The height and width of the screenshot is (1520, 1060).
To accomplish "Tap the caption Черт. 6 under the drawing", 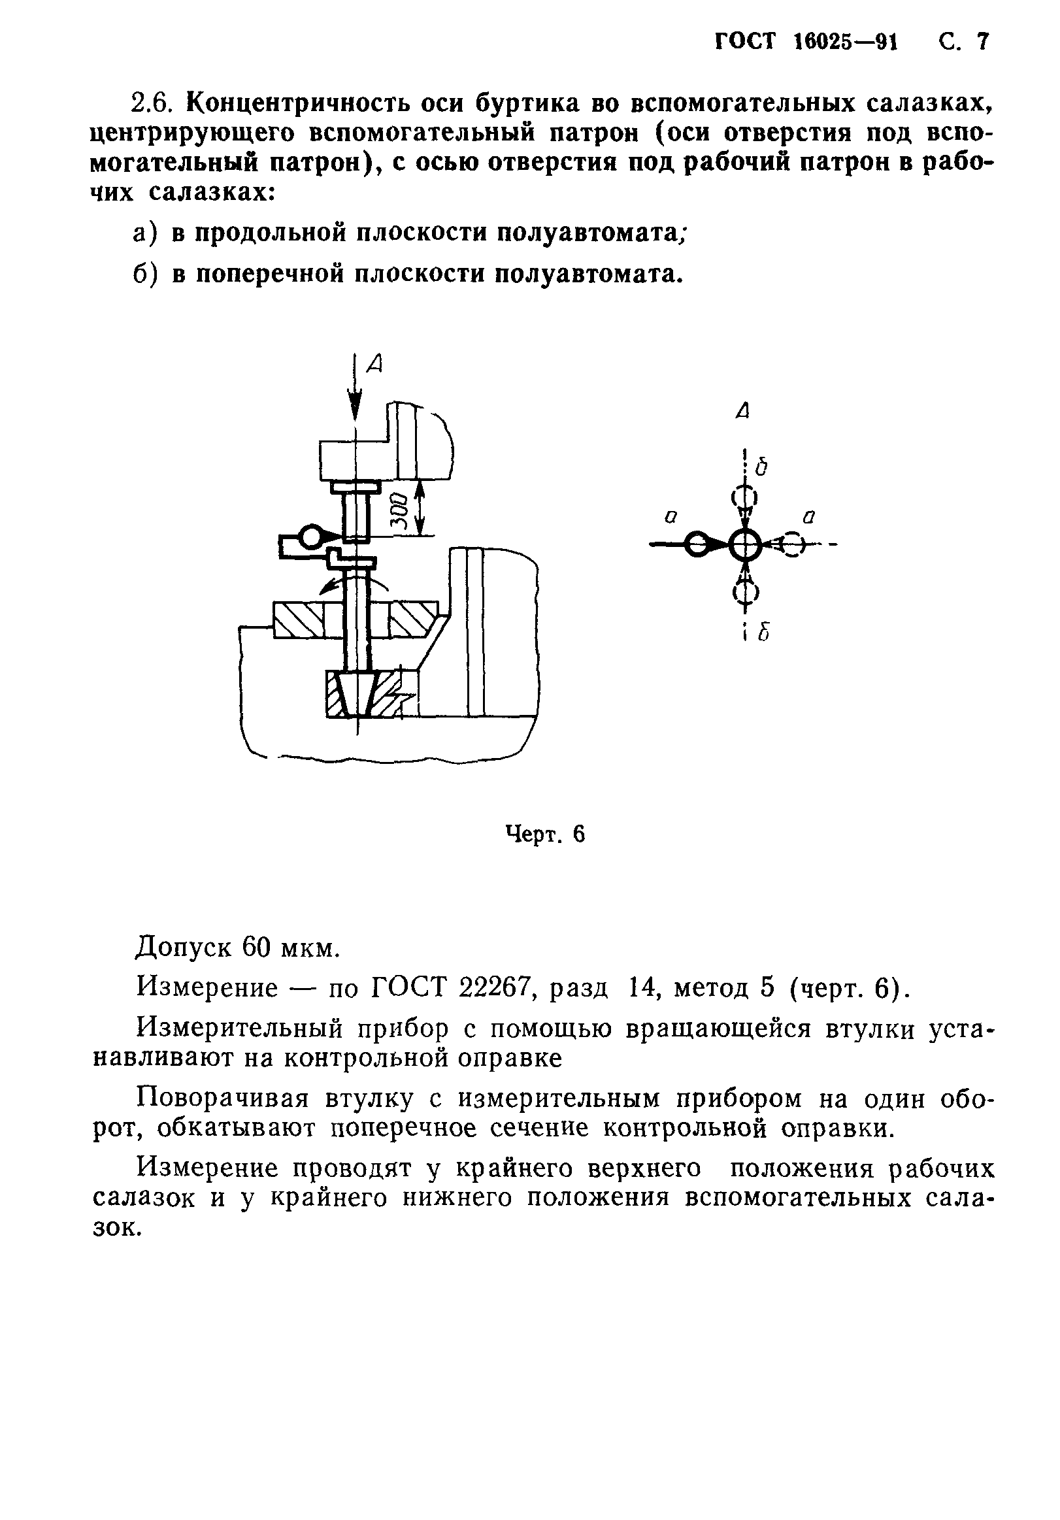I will tap(545, 834).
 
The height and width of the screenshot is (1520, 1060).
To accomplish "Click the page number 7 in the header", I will tap(981, 42).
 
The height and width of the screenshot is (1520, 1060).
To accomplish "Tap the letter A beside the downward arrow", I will tap(375, 363).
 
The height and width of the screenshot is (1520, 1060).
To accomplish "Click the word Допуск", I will tap(182, 948).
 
